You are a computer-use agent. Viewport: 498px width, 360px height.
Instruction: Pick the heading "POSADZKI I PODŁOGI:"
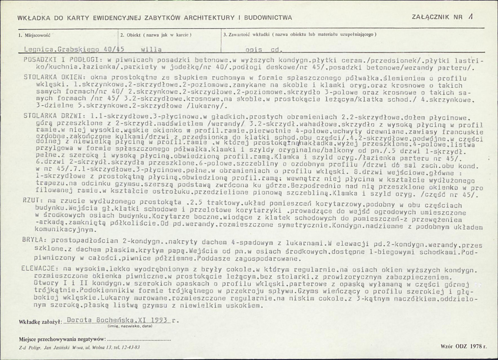[x=60, y=59]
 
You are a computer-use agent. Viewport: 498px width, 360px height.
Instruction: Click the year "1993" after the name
[x=159, y=320]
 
